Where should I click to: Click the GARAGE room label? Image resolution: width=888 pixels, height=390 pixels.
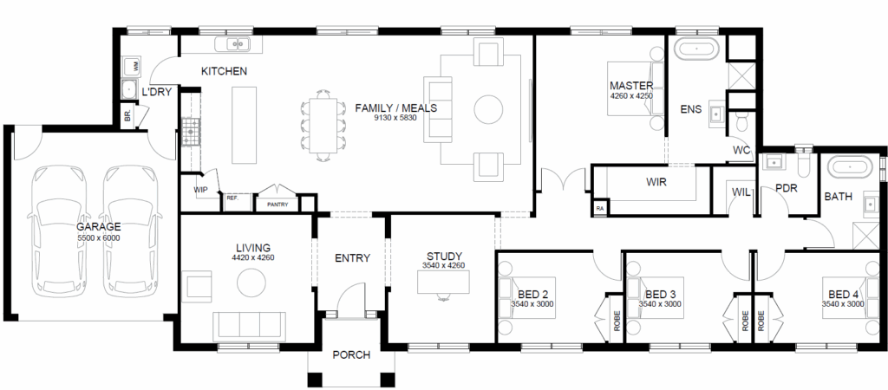99,227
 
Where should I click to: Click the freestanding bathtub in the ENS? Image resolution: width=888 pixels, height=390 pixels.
696,49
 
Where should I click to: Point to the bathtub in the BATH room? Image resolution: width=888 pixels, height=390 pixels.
850,168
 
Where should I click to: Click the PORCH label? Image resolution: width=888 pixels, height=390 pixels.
351,355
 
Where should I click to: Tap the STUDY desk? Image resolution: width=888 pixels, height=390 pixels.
443,282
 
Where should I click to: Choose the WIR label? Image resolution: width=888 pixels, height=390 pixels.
656,182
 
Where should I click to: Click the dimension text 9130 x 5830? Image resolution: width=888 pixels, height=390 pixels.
395,118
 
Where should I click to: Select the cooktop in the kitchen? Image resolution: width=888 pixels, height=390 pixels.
191,132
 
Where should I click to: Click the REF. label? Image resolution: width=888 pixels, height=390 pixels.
232,198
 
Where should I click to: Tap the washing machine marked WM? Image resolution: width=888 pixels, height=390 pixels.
132,66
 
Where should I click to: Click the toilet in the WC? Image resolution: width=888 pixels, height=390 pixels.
741,120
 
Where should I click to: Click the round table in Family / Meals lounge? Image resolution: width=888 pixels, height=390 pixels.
488,109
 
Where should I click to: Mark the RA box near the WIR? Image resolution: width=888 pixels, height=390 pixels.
600,208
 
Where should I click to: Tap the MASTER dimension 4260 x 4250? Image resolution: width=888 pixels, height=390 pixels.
631,95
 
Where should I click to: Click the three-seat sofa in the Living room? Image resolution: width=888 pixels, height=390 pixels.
246,325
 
